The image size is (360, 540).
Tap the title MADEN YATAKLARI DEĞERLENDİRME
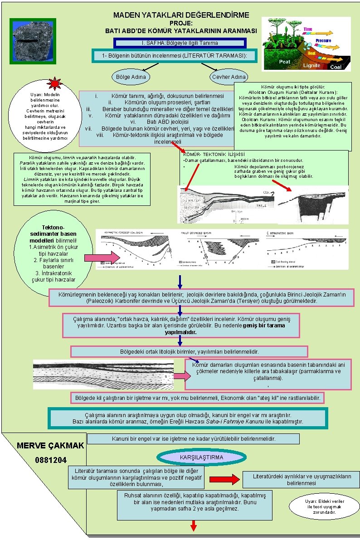(x=181, y=15)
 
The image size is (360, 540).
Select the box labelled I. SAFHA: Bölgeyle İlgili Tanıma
(x=180, y=43)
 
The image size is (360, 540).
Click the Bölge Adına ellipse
(x=131, y=77)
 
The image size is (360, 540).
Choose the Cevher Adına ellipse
(x=229, y=77)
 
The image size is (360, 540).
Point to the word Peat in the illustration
(x=285, y=62)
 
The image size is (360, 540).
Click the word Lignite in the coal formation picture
(x=311, y=65)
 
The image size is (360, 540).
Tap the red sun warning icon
(x=54, y=83)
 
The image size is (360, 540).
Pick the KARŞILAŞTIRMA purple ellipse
(x=201, y=457)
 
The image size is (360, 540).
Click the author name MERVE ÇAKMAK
(x=50, y=446)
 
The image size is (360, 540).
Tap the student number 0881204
(x=50, y=460)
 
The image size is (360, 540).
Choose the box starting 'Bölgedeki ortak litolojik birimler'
(x=190, y=351)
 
